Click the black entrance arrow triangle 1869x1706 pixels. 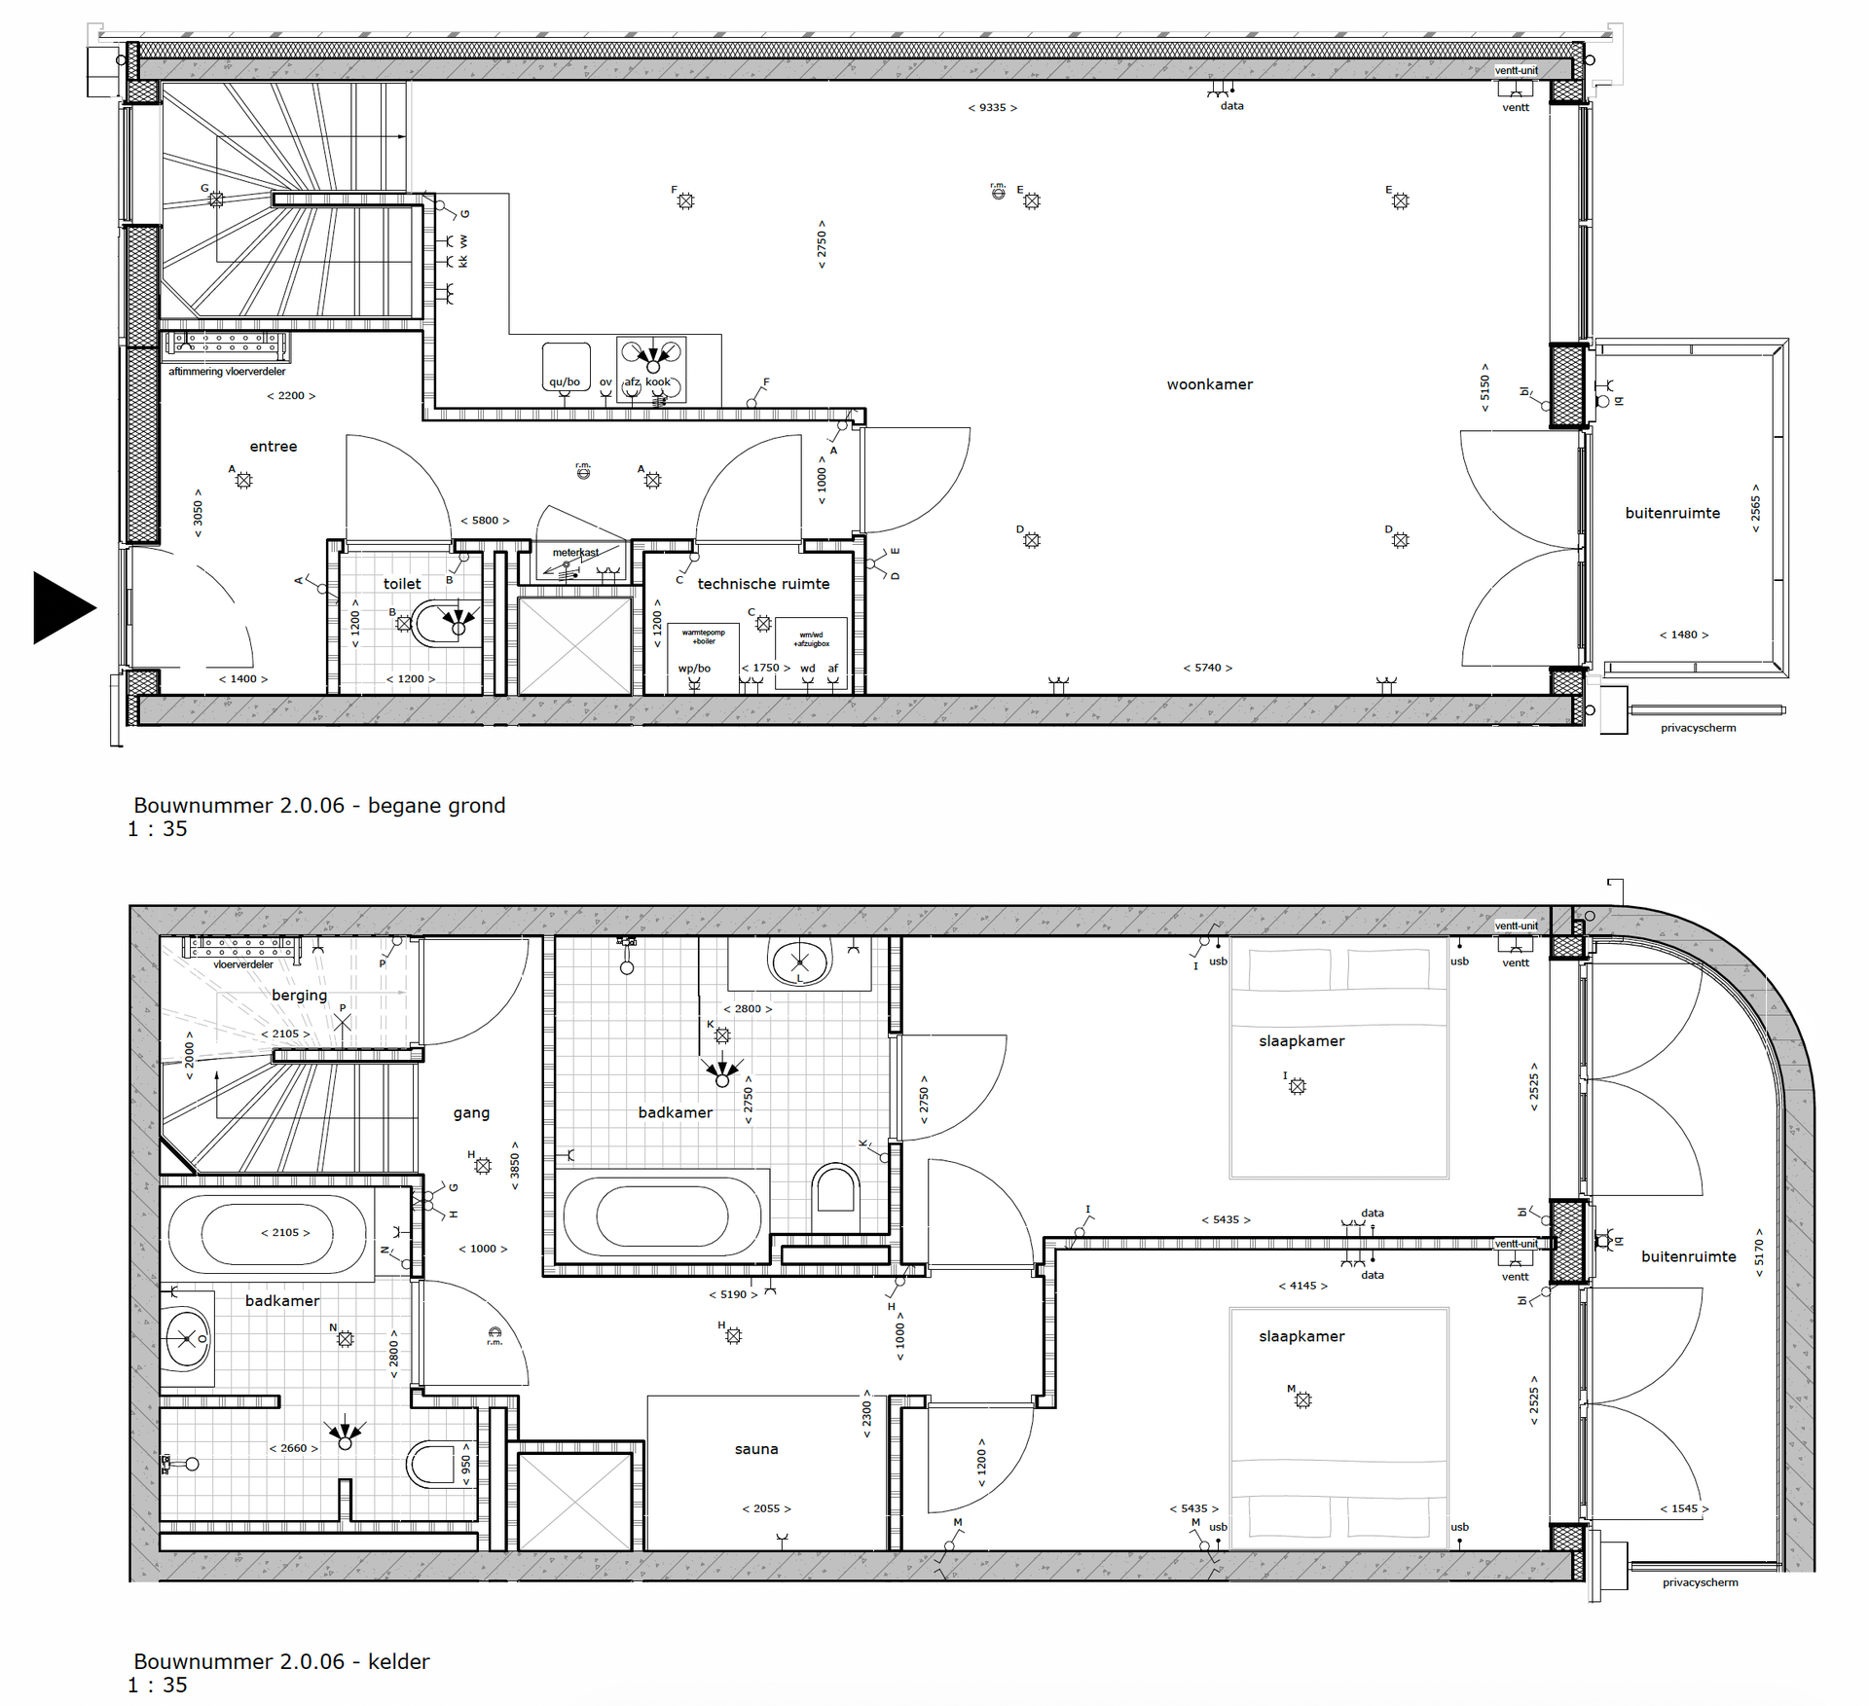[60, 607]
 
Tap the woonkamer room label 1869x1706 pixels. [1209, 384]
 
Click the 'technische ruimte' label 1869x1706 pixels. [763, 584]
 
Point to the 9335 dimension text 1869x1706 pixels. [992, 108]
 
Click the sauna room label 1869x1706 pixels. [755, 1449]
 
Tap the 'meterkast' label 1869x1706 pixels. [575, 553]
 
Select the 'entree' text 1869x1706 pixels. [273, 447]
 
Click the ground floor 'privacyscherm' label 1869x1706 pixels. [1698, 728]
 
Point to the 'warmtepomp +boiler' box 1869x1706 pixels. [703, 637]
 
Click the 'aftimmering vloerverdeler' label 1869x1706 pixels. [227, 372]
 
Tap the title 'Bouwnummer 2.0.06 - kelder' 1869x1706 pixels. [281, 1661]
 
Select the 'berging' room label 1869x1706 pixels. [299, 996]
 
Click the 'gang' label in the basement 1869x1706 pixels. [471, 1113]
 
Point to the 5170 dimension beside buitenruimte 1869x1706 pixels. [1758, 1258]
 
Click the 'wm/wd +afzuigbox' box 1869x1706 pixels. [811, 639]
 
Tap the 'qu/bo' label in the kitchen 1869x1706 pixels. [564, 382]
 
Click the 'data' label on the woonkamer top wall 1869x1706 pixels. [1231, 106]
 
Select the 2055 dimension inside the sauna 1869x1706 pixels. [766, 1509]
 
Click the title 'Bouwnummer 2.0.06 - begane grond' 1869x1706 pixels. [319, 806]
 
